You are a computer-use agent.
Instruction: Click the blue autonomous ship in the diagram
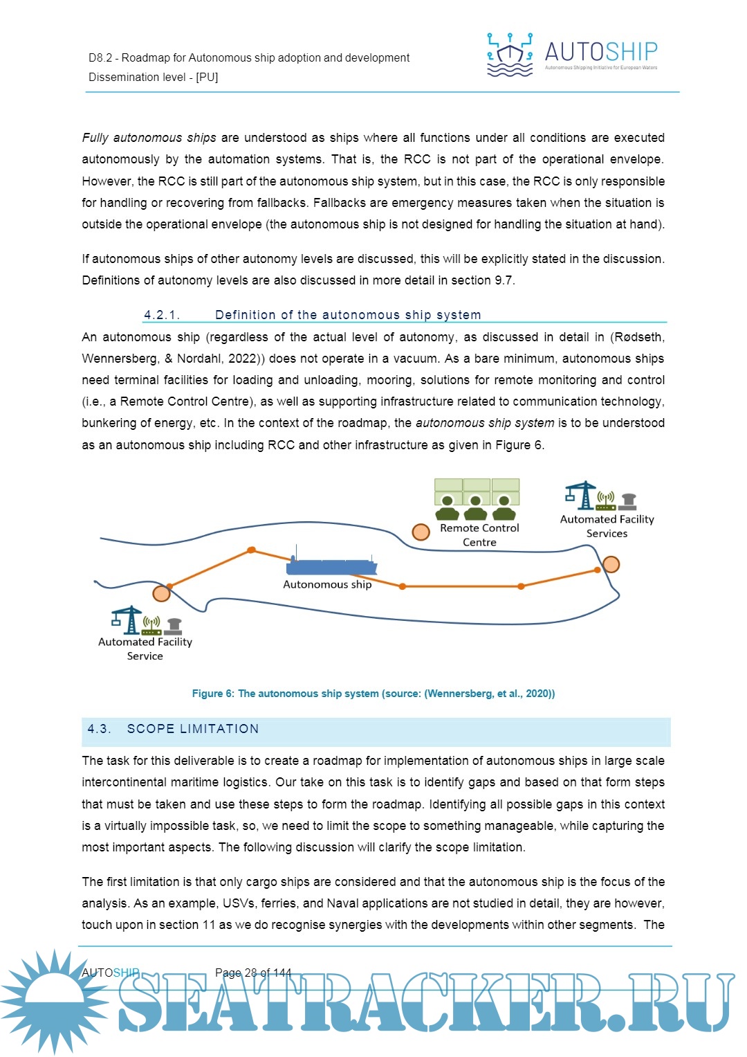331,566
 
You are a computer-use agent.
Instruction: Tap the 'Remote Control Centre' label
479,535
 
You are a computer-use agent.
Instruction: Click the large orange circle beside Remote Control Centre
421,532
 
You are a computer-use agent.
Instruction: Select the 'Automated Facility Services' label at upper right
607,526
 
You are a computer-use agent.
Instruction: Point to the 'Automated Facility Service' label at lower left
145,649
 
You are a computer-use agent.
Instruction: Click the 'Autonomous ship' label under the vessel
327,584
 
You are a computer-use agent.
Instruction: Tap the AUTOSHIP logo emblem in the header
510,54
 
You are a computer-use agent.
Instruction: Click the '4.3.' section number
99,729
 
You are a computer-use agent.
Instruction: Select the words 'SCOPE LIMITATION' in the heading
193,729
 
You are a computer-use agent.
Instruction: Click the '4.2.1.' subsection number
162,315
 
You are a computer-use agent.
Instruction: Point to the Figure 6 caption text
373,694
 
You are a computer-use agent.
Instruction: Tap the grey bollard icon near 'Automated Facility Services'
628,500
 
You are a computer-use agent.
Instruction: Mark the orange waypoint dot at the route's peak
252,550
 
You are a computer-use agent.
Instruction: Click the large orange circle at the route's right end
611,565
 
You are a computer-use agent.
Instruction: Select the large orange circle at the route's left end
161,593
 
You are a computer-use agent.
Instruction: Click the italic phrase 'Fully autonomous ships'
149,138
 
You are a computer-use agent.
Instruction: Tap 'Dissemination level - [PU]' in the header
153,77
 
